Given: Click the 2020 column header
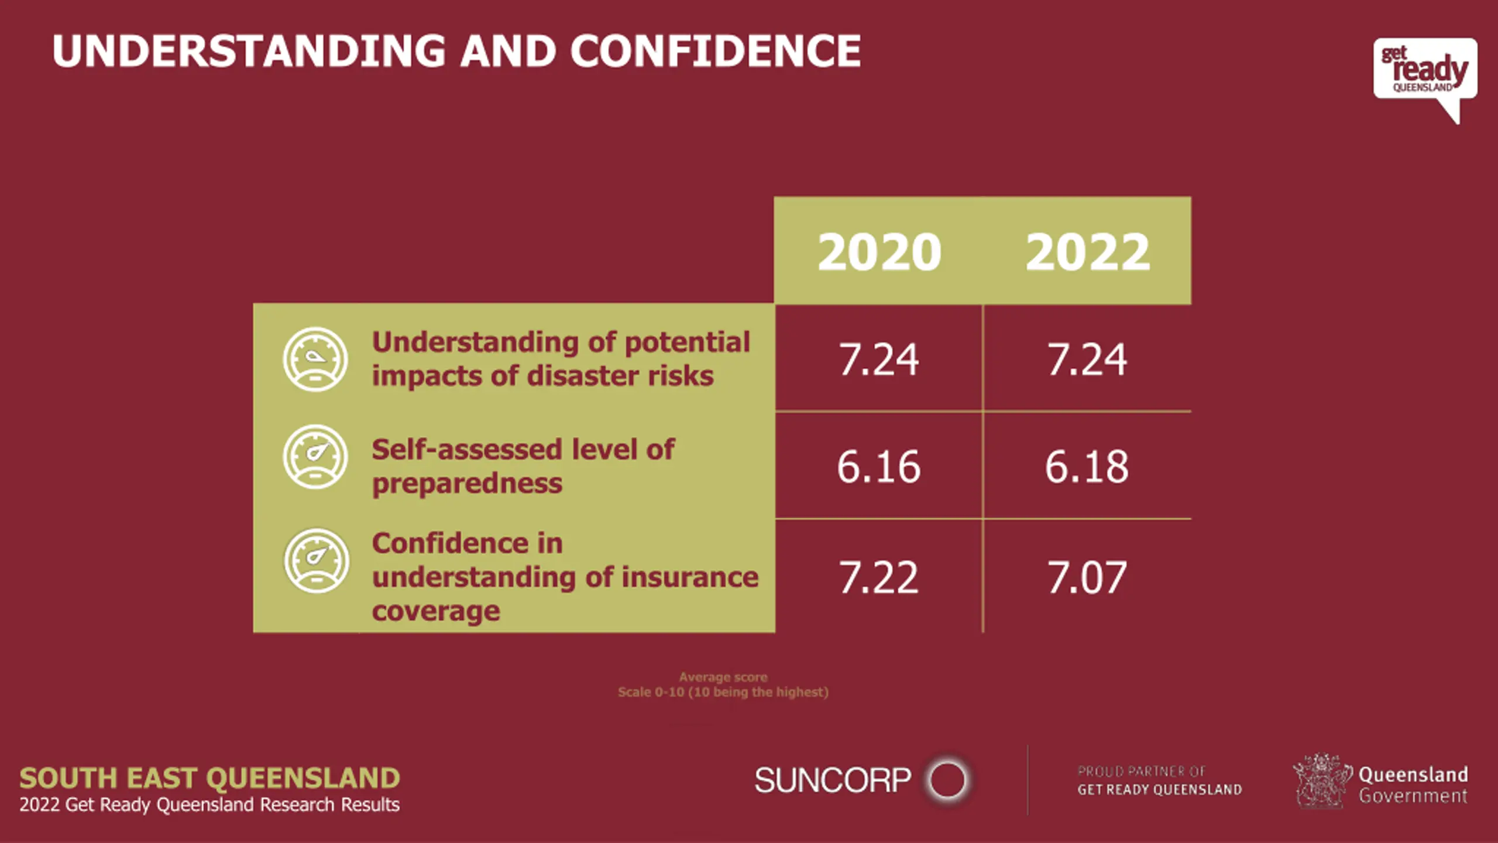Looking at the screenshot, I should pyautogui.click(x=879, y=252).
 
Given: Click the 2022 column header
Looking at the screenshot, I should pyautogui.click(x=1087, y=252).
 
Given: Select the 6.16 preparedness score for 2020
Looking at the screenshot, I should pyautogui.click(x=878, y=467).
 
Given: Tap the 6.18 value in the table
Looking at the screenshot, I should pyautogui.click(x=1087, y=467).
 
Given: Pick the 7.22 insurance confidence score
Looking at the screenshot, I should pyautogui.click(x=878, y=577).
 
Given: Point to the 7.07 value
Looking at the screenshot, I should pyautogui.click(x=1087, y=577).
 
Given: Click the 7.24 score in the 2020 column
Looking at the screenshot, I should pyautogui.click(x=878, y=359).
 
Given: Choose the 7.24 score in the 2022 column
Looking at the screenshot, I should pyautogui.click(x=1087, y=359).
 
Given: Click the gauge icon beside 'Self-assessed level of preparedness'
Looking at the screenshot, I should pyautogui.click(x=315, y=457).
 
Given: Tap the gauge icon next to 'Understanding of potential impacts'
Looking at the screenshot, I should pyautogui.click(x=315, y=359).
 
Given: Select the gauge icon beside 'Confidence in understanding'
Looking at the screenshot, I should pyautogui.click(x=316, y=560).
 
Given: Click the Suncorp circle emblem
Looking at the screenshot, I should pyautogui.click(x=947, y=780).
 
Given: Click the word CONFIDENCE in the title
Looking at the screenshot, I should pyautogui.click(x=715, y=51).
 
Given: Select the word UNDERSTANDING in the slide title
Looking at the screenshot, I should pyautogui.click(x=249, y=51).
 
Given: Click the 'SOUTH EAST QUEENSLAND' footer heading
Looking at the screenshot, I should pyautogui.click(x=209, y=778).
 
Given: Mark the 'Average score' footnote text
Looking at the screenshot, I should pyautogui.click(x=723, y=677).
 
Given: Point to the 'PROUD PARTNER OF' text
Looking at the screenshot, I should pyautogui.click(x=1141, y=772).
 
